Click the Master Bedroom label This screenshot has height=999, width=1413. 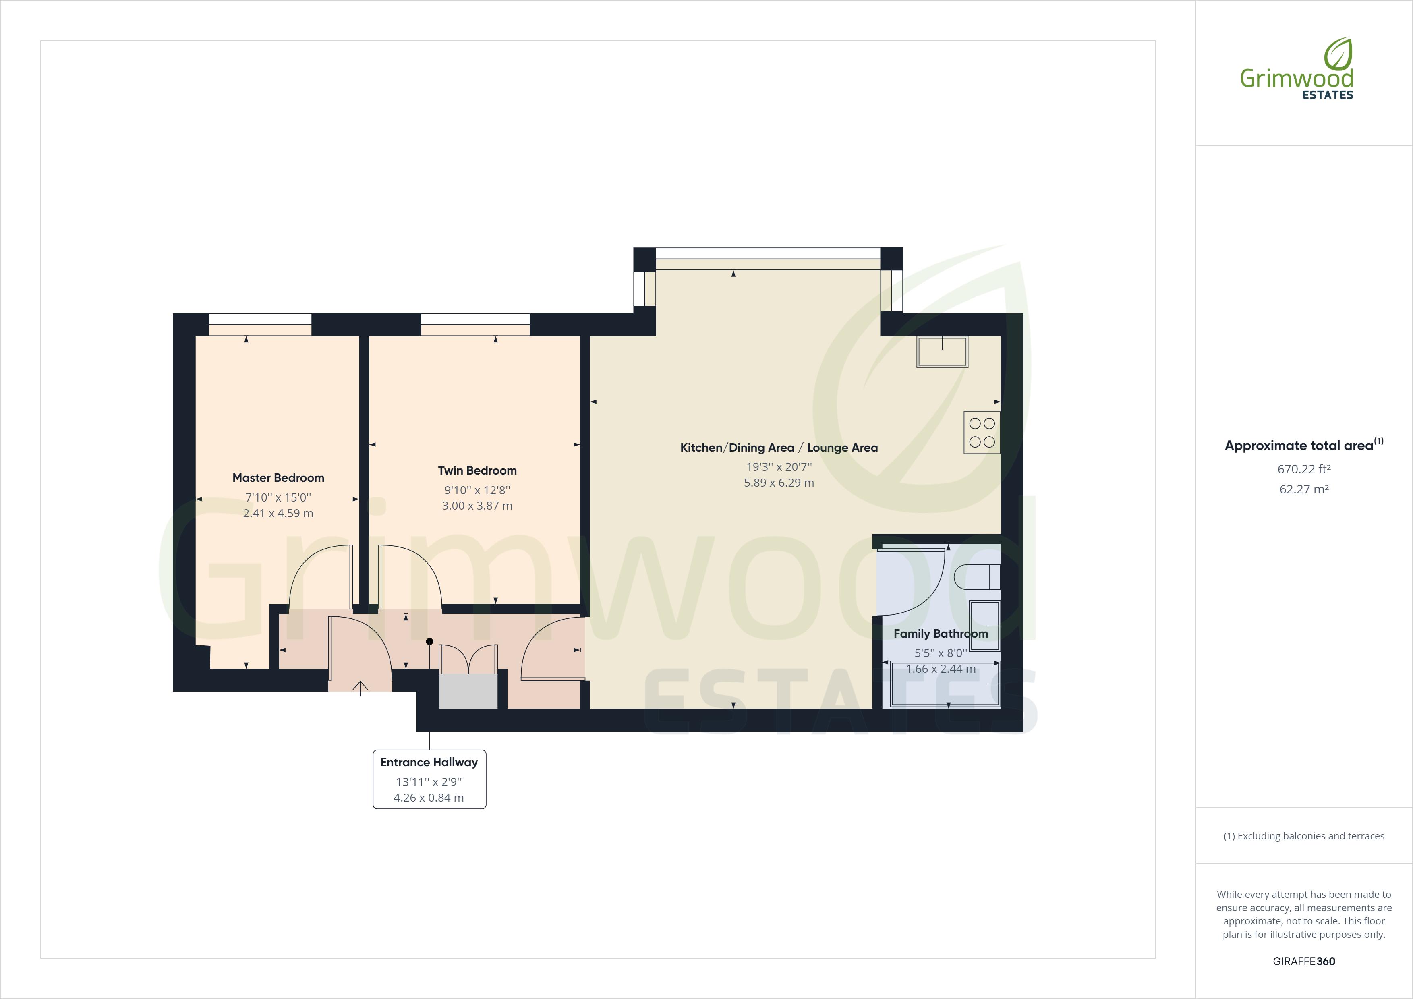point(278,478)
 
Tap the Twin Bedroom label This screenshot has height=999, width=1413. point(477,470)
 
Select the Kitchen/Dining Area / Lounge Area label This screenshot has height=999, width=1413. point(779,448)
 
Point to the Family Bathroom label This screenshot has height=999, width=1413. point(941,633)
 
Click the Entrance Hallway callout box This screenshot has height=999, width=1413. point(429,779)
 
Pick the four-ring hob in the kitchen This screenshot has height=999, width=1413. point(982,433)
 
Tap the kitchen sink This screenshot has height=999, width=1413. point(942,352)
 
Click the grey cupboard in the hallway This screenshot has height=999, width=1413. point(468,690)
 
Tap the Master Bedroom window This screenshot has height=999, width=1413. point(260,324)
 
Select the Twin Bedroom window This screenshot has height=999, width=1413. point(475,324)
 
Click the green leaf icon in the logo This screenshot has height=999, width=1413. point(1337,54)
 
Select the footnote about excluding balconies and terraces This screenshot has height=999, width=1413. point(1303,836)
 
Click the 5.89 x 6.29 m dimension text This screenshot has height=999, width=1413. point(779,483)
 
